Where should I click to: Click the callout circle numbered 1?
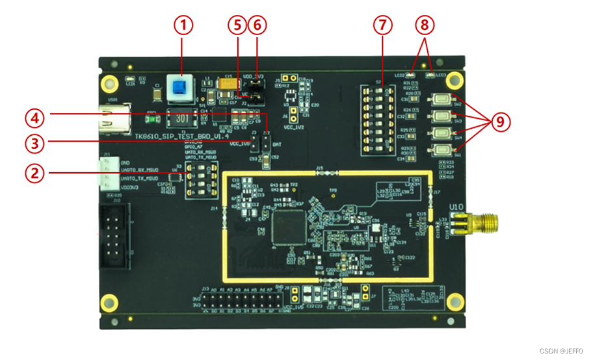[184, 25]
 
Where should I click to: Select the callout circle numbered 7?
[383, 25]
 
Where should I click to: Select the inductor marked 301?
[183, 120]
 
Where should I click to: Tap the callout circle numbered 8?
[424, 25]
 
